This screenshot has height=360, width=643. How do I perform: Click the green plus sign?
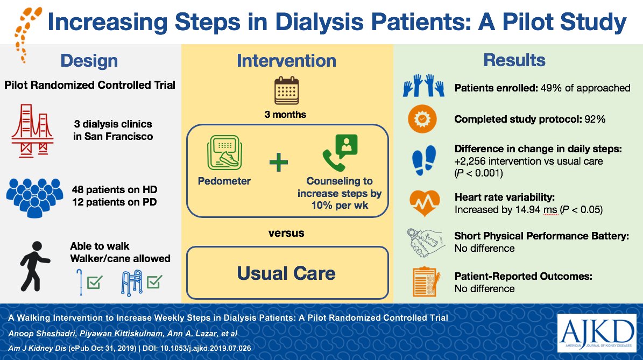click(x=278, y=162)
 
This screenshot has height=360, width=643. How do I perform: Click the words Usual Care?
click(x=286, y=273)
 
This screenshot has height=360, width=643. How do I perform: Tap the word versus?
click(x=286, y=233)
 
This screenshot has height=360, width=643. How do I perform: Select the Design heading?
click(x=90, y=60)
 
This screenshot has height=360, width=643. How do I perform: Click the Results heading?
click(x=514, y=60)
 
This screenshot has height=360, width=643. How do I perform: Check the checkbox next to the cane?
click(x=94, y=282)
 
